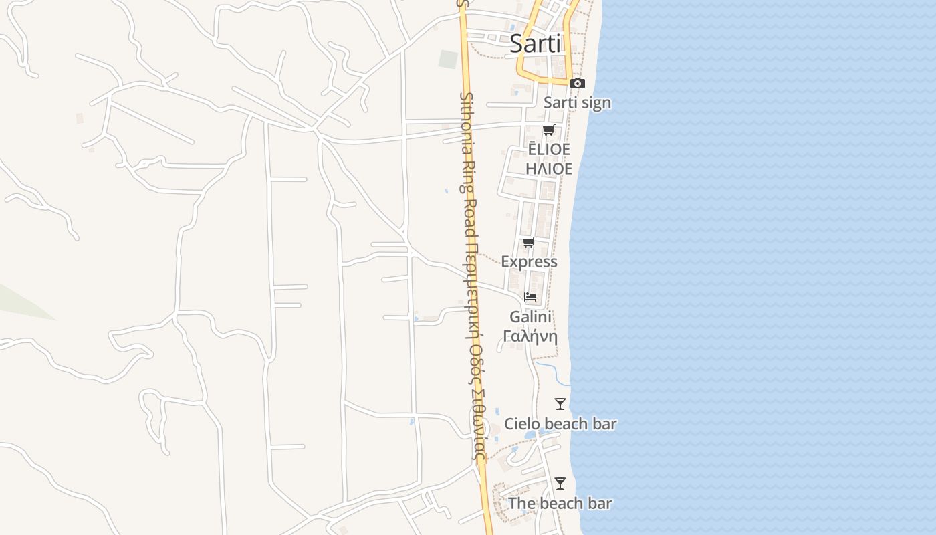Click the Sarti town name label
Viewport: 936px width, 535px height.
(x=535, y=43)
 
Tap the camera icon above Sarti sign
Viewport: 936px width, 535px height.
(x=578, y=84)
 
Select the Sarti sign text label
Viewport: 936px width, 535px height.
(x=577, y=102)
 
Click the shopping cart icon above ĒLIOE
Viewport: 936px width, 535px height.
(x=549, y=130)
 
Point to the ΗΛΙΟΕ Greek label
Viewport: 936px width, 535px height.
(x=549, y=169)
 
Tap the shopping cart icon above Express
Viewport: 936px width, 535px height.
(x=529, y=242)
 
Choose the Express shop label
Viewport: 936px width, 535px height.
(x=529, y=261)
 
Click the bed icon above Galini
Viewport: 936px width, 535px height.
(x=530, y=297)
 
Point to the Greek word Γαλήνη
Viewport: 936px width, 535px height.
(x=530, y=336)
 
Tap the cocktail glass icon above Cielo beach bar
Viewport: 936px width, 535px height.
(x=560, y=404)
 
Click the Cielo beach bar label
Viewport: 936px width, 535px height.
(x=560, y=423)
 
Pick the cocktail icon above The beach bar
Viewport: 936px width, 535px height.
(x=560, y=484)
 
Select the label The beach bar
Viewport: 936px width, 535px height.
(x=560, y=503)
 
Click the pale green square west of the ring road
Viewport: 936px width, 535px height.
(x=448, y=60)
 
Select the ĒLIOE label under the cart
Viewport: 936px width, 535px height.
(x=549, y=149)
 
